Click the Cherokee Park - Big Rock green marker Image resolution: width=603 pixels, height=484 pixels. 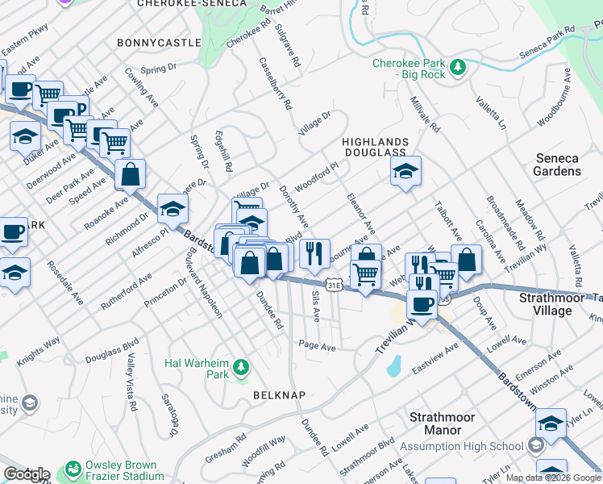pyautogui.click(x=458, y=65)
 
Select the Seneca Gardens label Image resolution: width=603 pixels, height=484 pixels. pyautogui.click(x=557, y=165)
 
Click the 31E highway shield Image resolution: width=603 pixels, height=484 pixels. pyautogui.click(x=335, y=285)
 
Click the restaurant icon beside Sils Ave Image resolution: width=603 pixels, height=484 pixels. pyautogui.click(x=314, y=253)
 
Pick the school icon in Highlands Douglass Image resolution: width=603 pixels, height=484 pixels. pyautogui.click(x=405, y=171)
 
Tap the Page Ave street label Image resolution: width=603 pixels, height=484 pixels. pyautogui.click(x=316, y=346)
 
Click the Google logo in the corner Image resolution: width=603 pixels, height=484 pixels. pyautogui.click(x=26, y=474)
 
